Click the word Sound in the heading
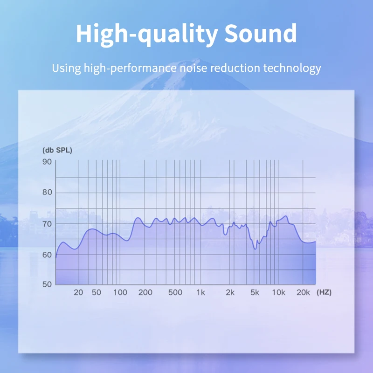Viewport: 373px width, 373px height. click(x=261, y=33)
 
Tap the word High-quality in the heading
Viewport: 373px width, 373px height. click(x=147, y=35)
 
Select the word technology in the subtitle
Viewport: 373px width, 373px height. click(x=292, y=68)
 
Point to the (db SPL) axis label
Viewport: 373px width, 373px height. click(x=57, y=150)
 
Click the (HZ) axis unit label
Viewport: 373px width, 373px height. click(x=324, y=292)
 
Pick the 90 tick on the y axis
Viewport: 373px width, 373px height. click(x=47, y=162)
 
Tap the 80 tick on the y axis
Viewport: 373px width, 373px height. click(x=47, y=192)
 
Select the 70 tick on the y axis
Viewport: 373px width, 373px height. click(x=47, y=224)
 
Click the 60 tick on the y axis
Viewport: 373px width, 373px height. click(x=47, y=255)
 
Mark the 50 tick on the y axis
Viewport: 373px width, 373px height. click(x=47, y=284)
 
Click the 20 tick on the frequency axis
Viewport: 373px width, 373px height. click(x=78, y=292)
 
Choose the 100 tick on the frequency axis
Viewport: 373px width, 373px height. click(x=120, y=292)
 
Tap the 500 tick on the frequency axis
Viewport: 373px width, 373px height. click(x=175, y=292)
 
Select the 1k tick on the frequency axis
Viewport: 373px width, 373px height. click(x=201, y=292)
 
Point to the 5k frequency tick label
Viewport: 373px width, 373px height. click(x=255, y=292)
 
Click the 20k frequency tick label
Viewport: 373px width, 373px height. click(x=304, y=292)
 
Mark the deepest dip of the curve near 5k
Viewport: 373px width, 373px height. click(x=255, y=249)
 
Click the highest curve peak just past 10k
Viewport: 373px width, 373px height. click(x=286, y=216)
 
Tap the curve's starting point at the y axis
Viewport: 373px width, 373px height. click(x=56, y=257)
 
